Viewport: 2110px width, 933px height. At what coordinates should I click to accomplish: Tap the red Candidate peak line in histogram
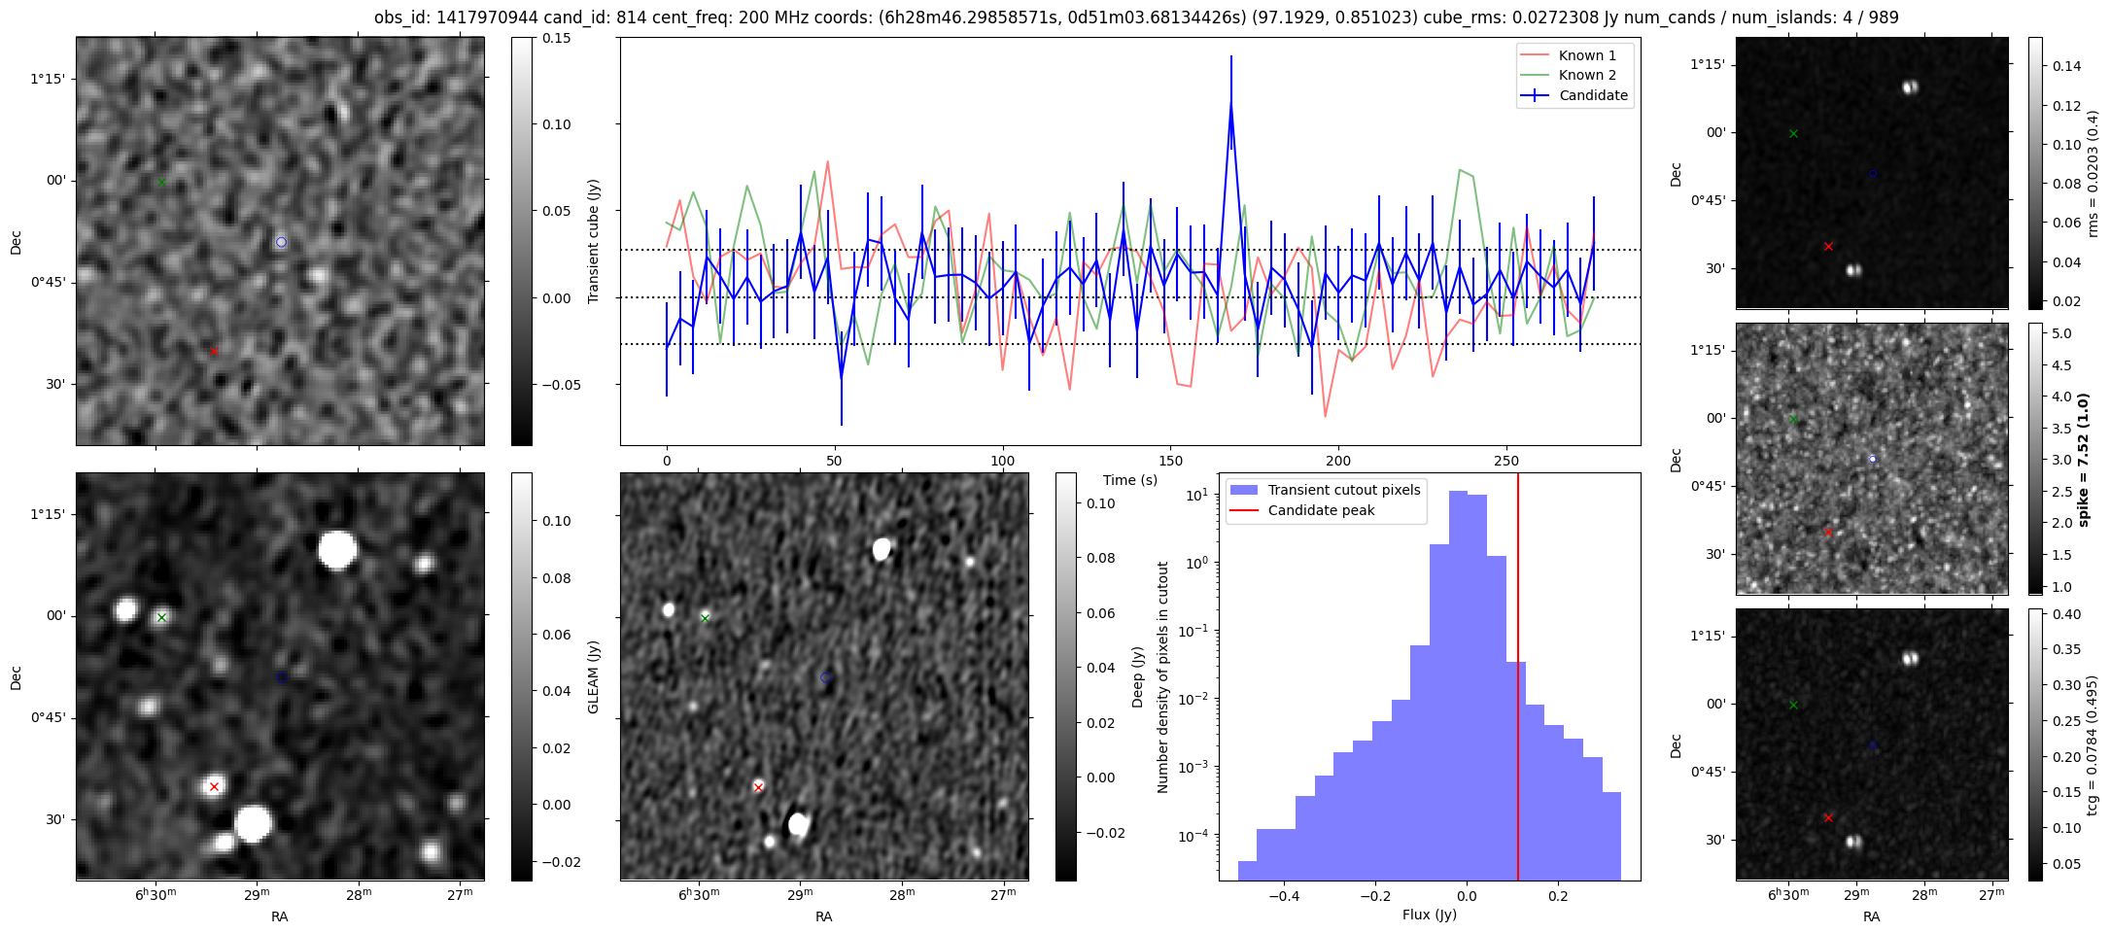(1517, 680)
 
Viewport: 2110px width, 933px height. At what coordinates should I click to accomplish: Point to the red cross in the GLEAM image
(214, 786)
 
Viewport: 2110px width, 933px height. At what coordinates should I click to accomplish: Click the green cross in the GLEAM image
(162, 617)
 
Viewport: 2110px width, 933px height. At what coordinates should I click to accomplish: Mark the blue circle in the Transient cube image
(281, 242)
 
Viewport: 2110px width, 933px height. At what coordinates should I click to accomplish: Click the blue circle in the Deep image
(825, 677)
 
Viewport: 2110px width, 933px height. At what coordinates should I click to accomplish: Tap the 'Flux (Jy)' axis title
(1429, 915)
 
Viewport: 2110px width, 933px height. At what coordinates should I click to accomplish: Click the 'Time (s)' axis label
(1129, 480)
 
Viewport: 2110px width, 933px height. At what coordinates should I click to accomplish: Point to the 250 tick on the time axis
(1505, 461)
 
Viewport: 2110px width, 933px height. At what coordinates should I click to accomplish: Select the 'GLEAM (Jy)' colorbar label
(594, 676)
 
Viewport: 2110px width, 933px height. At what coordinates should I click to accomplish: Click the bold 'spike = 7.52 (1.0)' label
(2082, 459)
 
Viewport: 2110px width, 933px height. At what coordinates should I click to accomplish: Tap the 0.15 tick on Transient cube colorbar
(557, 38)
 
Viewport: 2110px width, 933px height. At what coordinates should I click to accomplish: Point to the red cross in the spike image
(1828, 533)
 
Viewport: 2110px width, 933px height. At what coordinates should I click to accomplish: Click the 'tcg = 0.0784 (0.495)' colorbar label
(2092, 744)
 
